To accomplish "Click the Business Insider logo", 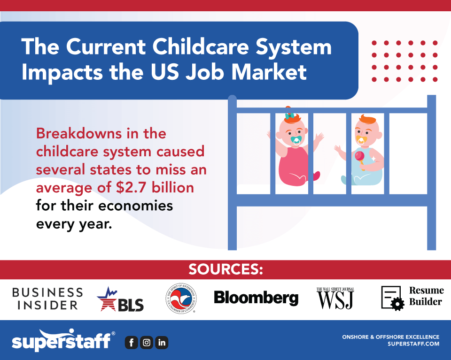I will (47, 299).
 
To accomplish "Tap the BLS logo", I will (120, 300).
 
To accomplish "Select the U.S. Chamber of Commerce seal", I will (181, 299).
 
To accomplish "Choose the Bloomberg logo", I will (256, 298).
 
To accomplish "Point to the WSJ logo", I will (335, 299).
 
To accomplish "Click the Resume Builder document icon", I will (392, 298).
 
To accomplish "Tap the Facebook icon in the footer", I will (131, 343).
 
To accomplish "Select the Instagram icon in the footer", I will (147, 343).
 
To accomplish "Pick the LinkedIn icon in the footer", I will (162, 343).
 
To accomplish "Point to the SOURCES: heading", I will (225, 270).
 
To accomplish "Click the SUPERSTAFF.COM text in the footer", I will (413, 344).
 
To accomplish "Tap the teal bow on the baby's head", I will (290, 115).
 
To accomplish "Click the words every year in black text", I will (74, 224).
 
